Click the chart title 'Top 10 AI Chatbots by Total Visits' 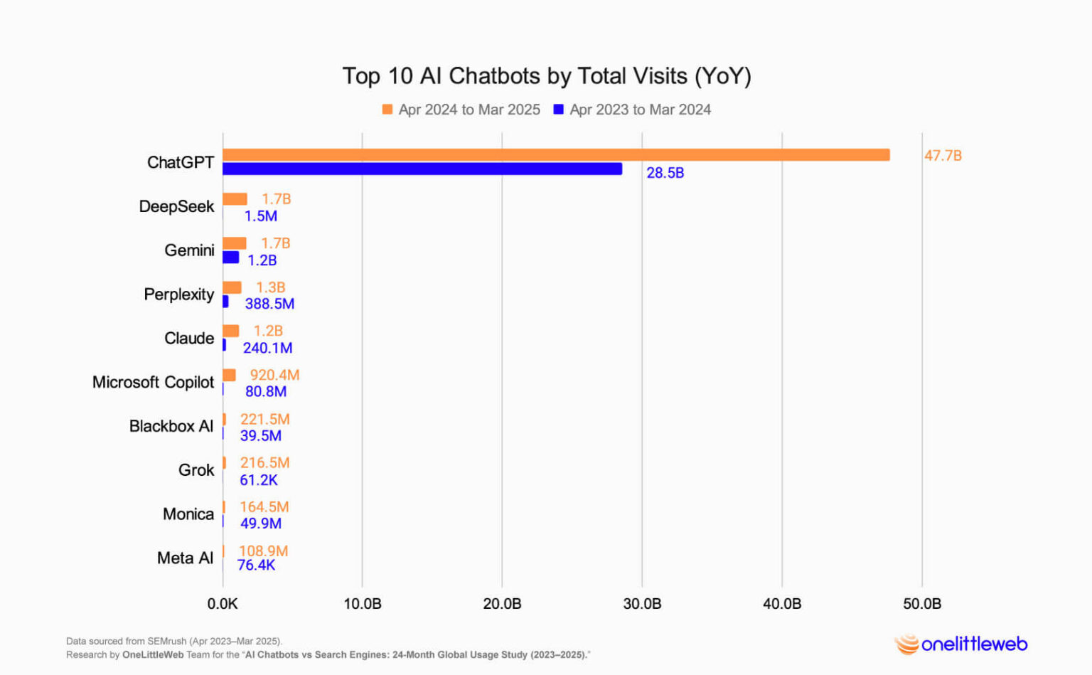tap(546, 76)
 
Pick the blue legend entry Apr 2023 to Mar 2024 tap(632, 110)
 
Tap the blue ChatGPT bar tap(422, 169)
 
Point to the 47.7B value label tap(943, 156)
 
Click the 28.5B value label tap(665, 173)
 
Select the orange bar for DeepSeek tap(235, 199)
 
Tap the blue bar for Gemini tap(231, 257)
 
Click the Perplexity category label tap(178, 294)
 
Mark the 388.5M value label tap(269, 304)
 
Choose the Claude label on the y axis tap(188, 339)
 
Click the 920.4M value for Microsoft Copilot tap(274, 375)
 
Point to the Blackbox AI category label tap(171, 426)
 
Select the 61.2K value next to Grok tap(259, 480)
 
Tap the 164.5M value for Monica tap(264, 507)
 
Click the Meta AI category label tap(185, 558)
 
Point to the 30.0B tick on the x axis tap(642, 604)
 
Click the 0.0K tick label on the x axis tap(223, 604)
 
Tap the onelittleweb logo tap(961, 644)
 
